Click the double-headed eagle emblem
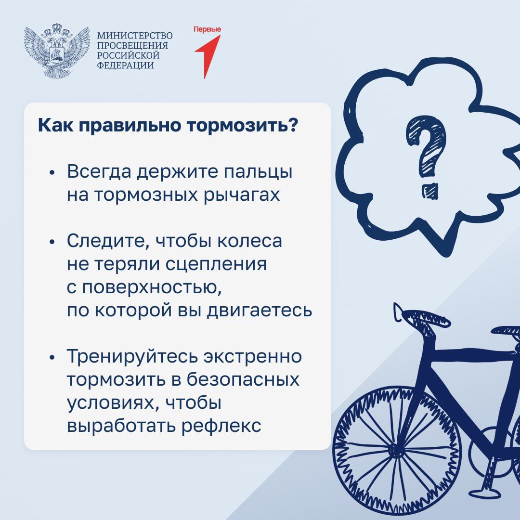tap(57, 51)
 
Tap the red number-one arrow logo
tap(208, 56)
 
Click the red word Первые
tap(207, 29)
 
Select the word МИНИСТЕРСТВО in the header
tap(135, 36)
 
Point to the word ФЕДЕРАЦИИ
tap(125, 65)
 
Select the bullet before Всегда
tap(52, 173)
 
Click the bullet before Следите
tap(52, 242)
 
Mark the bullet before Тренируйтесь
tap(52, 357)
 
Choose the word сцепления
tap(216, 265)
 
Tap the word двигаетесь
tap(260, 311)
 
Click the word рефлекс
tap(221, 426)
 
